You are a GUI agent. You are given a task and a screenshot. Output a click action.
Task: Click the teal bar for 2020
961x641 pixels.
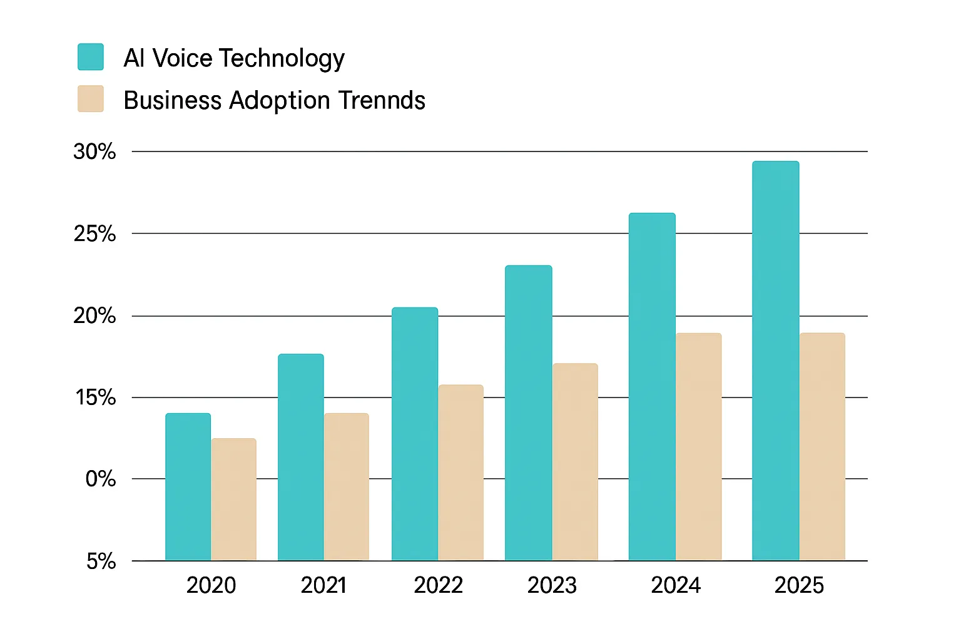(x=188, y=487)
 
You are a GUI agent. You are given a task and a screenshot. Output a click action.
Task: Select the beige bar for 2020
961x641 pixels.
(x=233, y=500)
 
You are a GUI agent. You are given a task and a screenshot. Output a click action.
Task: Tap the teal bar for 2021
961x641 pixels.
(x=301, y=457)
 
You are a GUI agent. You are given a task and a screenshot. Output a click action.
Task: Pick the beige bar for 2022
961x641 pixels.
(x=460, y=473)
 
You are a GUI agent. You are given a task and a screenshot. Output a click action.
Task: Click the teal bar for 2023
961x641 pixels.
(x=529, y=413)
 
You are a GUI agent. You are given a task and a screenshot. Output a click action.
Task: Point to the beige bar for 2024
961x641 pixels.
(x=698, y=447)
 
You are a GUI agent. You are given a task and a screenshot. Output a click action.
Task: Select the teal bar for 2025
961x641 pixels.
(x=776, y=361)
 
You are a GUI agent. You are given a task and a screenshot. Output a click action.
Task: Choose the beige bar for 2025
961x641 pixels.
(x=822, y=447)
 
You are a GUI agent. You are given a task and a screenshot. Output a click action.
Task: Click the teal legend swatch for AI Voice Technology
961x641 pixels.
(x=91, y=57)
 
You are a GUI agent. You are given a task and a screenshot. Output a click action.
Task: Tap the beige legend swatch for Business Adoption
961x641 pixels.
(x=91, y=100)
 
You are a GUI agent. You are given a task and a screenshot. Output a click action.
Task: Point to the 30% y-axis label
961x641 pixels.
(x=94, y=151)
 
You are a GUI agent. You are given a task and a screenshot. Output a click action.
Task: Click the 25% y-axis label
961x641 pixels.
(x=94, y=234)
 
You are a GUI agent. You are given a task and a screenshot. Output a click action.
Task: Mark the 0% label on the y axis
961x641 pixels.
(x=100, y=479)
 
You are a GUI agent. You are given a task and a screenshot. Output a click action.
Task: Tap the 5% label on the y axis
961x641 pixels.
(x=101, y=562)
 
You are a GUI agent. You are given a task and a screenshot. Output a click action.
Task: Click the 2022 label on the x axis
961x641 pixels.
(x=438, y=585)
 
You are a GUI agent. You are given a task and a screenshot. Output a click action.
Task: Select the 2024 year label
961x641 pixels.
(x=676, y=585)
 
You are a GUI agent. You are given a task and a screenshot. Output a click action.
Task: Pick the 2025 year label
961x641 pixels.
(x=799, y=585)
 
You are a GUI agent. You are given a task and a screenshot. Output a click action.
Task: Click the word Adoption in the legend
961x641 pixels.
(x=280, y=101)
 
